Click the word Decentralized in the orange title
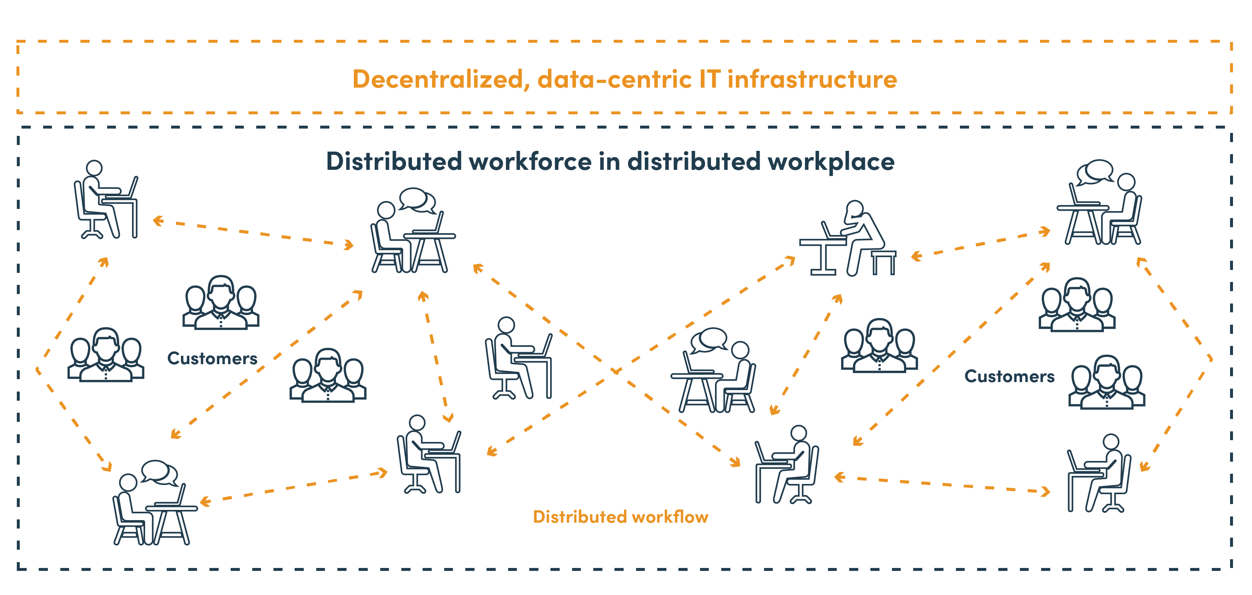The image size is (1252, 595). click(438, 79)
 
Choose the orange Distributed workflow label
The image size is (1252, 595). click(621, 517)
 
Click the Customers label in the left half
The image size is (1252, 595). click(212, 358)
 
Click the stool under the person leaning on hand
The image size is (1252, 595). click(884, 262)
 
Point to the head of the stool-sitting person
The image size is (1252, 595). click(854, 209)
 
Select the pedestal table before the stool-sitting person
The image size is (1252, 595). click(823, 256)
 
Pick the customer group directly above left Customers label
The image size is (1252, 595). click(221, 302)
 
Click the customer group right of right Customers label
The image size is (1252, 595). click(1107, 382)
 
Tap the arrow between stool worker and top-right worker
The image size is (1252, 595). click(981, 244)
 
